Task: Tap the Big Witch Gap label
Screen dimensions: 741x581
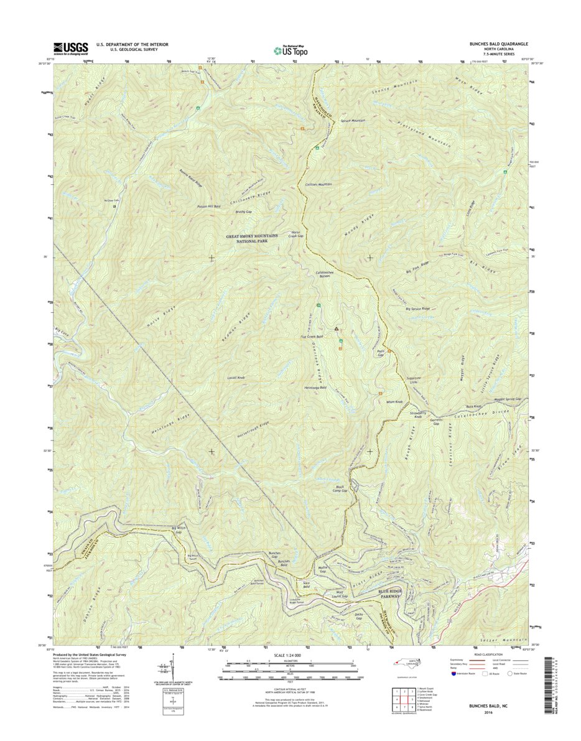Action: tap(177, 531)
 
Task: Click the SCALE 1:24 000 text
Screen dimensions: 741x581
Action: tap(290, 656)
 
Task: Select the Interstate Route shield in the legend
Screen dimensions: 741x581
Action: tap(453, 673)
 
